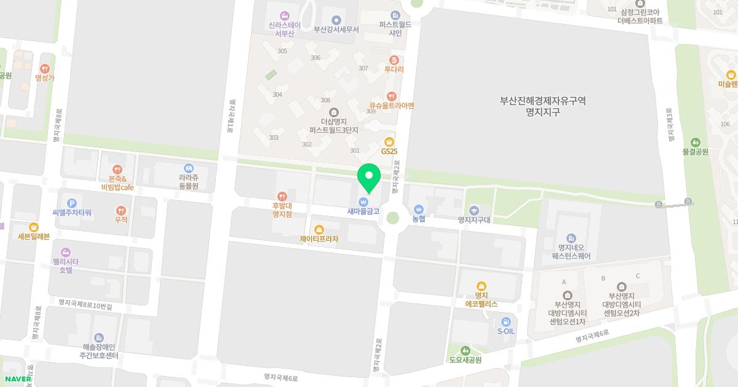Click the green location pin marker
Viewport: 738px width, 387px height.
point(369,178)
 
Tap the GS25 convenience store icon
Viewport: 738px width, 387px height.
point(389,142)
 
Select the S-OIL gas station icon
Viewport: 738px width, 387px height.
point(506,321)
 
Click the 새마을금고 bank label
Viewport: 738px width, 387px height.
point(363,211)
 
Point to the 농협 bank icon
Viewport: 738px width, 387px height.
point(418,209)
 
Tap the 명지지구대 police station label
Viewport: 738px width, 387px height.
point(473,219)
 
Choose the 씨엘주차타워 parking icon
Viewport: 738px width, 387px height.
point(71,203)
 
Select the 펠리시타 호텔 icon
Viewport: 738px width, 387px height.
point(66,252)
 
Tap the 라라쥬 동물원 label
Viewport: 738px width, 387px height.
point(189,182)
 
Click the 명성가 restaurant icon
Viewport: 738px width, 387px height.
point(44,69)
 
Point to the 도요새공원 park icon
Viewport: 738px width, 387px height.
point(465,350)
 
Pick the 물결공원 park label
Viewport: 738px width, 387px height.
point(696,151)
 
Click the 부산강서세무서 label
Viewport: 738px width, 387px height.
point(336,29)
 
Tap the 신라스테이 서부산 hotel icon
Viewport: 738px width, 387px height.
point(284,15)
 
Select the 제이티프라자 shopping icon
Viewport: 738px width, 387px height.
point(319,229)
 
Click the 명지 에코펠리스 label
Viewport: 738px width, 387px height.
point(481,300)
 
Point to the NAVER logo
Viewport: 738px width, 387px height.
point(17,379)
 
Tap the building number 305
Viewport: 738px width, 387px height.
point(282,51)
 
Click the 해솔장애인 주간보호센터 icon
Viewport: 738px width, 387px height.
point(99,337)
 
